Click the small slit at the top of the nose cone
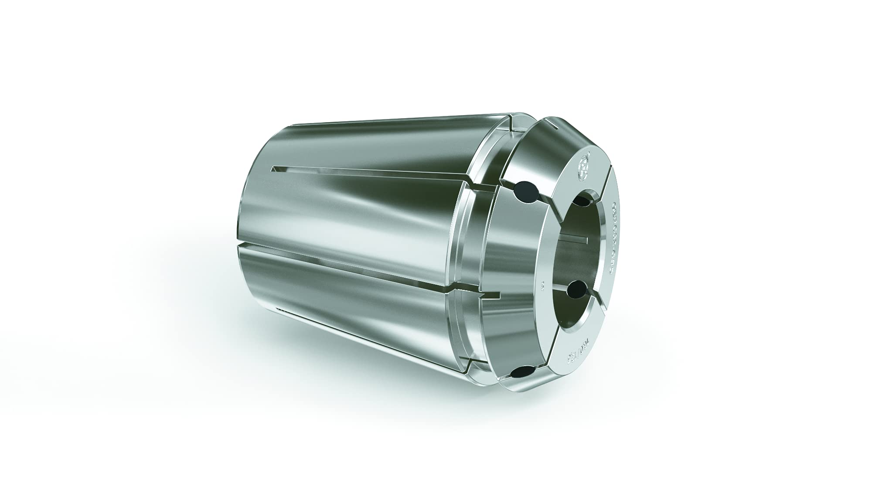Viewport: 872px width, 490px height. [554, 126]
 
